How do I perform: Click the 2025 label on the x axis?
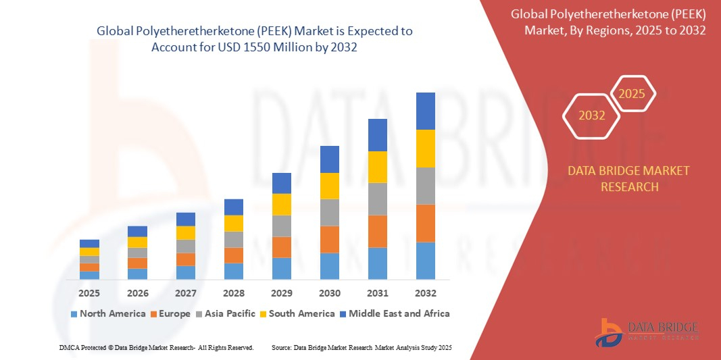89,293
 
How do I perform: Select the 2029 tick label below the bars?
282,293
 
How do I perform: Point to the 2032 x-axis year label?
426,293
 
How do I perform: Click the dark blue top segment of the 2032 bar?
426,111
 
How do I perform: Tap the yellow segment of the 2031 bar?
378,167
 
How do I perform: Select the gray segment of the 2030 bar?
330,212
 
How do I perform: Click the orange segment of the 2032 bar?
426,223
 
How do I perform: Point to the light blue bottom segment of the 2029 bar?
282,268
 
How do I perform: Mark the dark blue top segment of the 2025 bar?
89,243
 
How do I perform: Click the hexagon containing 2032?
591,115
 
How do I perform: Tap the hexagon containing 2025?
632,94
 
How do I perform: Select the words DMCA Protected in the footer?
80,347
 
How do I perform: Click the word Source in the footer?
280,347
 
